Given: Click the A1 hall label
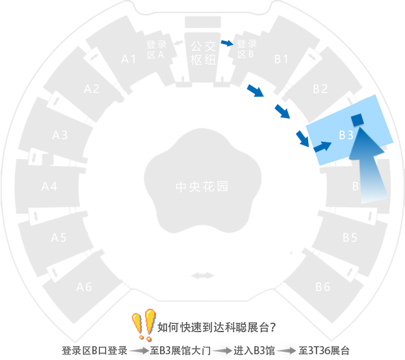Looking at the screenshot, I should (x=129, y=59).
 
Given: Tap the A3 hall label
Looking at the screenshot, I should (x=60, y=135).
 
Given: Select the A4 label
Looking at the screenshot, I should (x=49, y=186).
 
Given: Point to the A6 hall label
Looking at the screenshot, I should (x=84, y=287).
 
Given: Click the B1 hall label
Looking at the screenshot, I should (x=282, y=59).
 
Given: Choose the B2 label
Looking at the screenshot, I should (x=321, y=89).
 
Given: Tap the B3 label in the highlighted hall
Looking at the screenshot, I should (x=346, y=135).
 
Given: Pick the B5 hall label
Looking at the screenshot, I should (x=350, y=237).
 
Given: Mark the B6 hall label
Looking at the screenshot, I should (x=323, y=287).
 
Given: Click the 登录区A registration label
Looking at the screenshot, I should (x=156, y=49).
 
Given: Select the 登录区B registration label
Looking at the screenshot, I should (x=247, y=49).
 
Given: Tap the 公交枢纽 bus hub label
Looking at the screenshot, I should (x=204, y=53).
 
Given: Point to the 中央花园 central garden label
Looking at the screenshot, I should (x=202, y=187).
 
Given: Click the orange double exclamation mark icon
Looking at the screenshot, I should (x=144, y=325).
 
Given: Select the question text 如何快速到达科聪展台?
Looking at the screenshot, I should (x=216, y=327).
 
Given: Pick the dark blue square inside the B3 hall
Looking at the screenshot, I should (x=358, y=120).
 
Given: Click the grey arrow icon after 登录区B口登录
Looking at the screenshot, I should (x=141, y=351).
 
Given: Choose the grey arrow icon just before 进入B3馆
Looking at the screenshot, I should (x=224, y=351).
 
